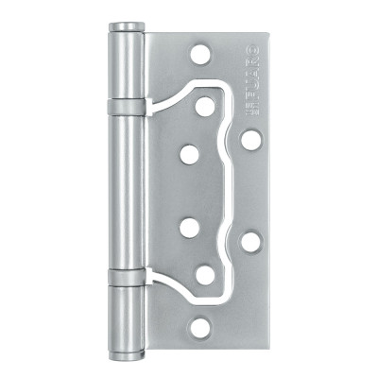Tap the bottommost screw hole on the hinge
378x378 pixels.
pos(200,328)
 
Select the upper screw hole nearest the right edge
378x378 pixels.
pos(250,140)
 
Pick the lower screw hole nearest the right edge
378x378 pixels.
pos(250,242)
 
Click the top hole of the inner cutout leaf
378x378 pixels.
pos(205,107)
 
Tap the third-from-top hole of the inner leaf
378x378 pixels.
pos(190,228)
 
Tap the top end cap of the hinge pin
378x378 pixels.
pos(126,26)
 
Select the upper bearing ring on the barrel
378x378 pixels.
pos(126,106)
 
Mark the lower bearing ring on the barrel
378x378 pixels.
pos(126,276)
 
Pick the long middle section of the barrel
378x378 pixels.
pos(126,189)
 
